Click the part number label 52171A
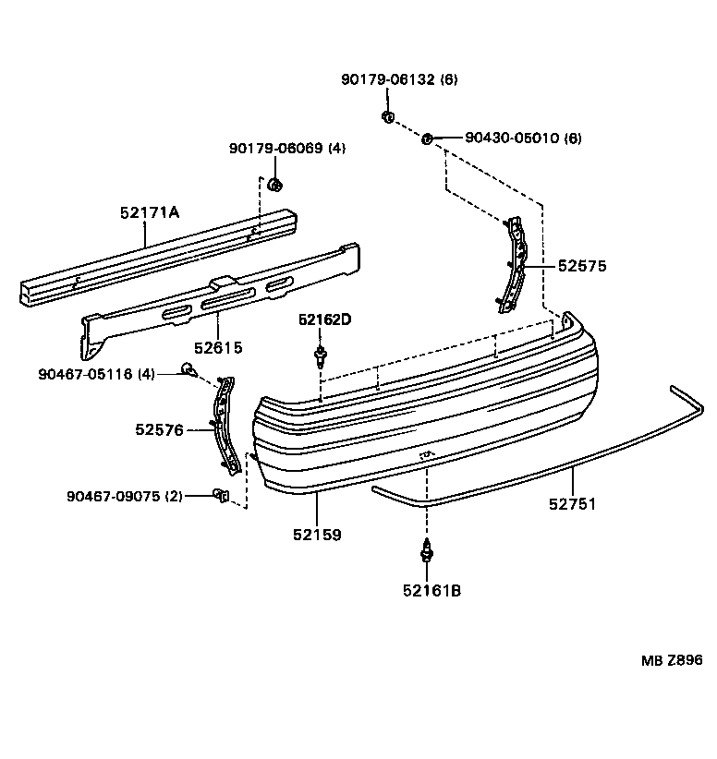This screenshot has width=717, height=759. [149, 212]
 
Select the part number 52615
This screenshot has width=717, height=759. [218, 348]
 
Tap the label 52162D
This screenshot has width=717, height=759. [324, 319]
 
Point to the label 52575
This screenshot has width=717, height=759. [581, 266]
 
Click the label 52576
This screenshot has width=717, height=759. [159, 429]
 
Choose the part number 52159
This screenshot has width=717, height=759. [316, 534]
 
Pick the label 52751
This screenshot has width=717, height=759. [572, 504]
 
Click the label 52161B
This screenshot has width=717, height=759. [431, 589]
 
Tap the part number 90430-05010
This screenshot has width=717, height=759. [523, 138]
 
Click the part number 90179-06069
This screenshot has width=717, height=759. [287, 148]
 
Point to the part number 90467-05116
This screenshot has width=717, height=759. [96, 374]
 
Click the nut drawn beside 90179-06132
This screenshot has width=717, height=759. [389, 117]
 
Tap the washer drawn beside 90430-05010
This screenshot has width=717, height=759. [427, 139]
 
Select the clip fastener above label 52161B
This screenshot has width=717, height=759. [427, 551]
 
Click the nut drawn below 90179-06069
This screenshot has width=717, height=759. [274, 185]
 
